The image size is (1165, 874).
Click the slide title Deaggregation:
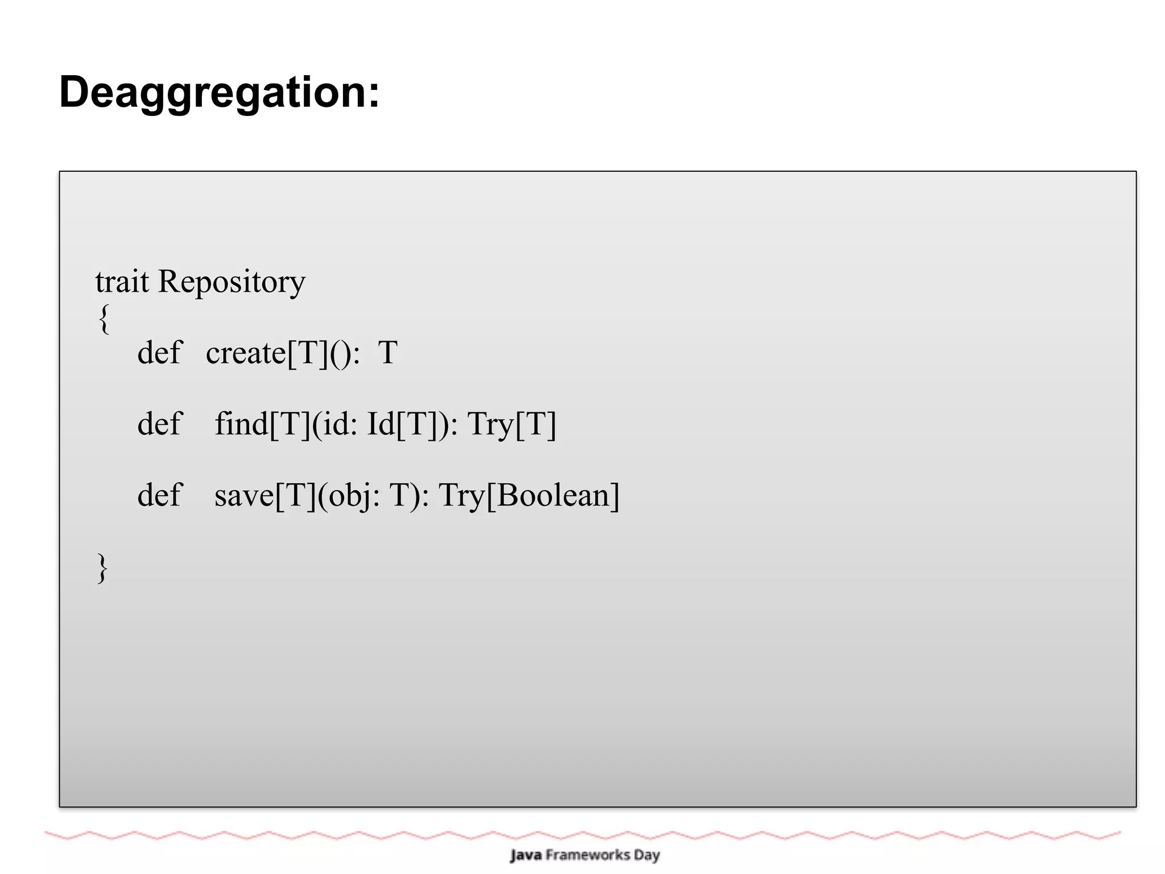pyautogui.click(x=219, y=92)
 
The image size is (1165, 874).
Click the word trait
pyautogui.click(x=122, y=281)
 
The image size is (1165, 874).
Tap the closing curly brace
pyautogui.click(x=102, y=568)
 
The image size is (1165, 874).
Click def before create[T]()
pyautogui.click(x=159, y=353)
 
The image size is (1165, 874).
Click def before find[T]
pyautogui.click(x=159, y=424)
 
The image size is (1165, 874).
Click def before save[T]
pyautogui.click(x=159, y=495)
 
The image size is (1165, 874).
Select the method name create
pyautogui.click(x=246, y=353)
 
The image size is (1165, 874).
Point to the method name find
pyautogui.click(x=241, y=424)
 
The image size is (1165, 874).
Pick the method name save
pyautogui.click(x=244, y=495)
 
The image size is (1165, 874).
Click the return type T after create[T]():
pyautogui.click(x=387, y=353)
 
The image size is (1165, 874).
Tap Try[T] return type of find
pyautogui.click(x=511, y=424)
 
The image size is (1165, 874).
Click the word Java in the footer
pyautogui.click(x=526, y=855)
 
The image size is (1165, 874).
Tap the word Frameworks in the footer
pyautogui.click(x=588, y=855)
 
